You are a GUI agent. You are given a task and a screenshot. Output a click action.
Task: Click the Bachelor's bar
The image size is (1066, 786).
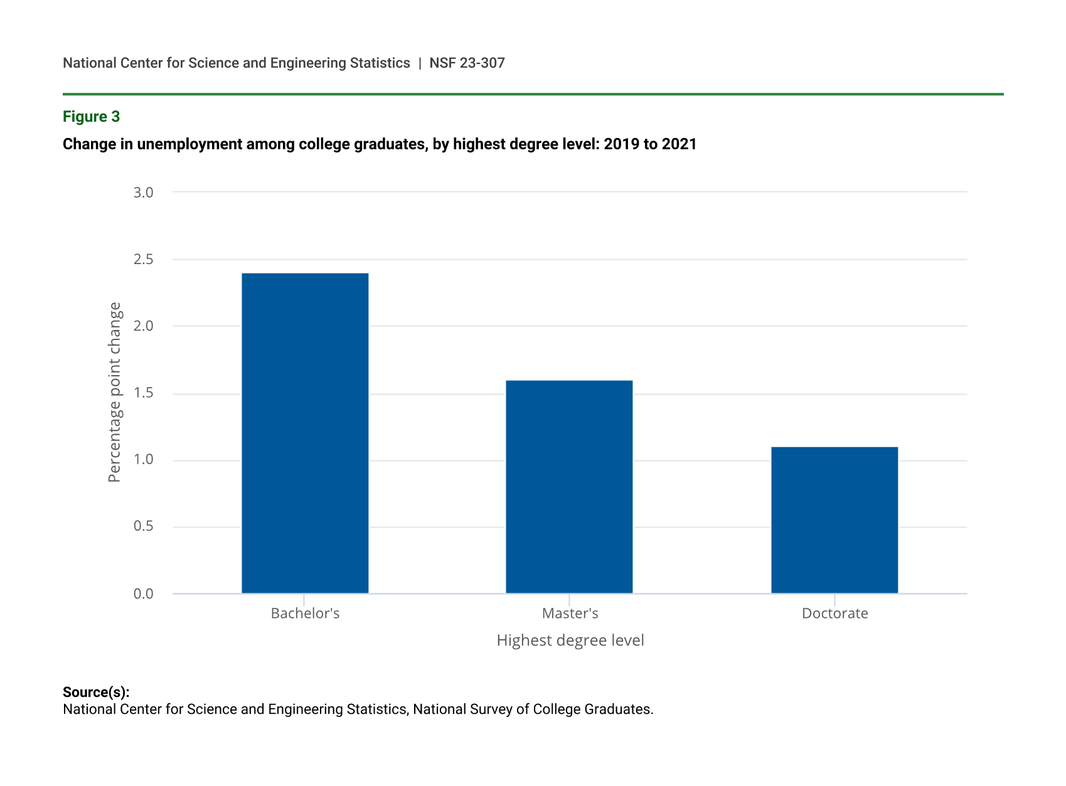click(305, 433)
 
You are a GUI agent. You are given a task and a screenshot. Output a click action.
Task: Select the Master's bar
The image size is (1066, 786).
click(569, 486)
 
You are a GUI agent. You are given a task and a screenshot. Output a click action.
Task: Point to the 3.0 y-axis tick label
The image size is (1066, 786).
click(143, 193)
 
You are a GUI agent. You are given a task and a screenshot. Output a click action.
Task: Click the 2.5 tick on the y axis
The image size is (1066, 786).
click(143, 259)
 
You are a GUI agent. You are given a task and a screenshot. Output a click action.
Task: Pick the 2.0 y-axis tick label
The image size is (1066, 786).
click(143, 326)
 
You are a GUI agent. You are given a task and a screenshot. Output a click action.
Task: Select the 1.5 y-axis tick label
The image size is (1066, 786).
click(143, 393)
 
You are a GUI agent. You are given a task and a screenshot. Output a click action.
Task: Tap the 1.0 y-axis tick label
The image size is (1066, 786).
click(143, 460)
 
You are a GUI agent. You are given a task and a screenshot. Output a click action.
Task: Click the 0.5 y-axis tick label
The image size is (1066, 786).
click(143, 526)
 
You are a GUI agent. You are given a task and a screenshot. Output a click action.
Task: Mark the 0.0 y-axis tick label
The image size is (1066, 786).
click(143, 593)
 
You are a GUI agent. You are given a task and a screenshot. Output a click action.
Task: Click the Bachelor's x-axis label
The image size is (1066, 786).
click(305, 613)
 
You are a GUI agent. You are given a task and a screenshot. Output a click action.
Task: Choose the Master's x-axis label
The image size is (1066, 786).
click(570, 613)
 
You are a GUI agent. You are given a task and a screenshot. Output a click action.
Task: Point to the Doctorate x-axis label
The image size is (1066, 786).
click(834, 613)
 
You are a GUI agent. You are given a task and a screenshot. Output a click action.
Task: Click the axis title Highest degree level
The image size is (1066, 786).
click(570, 640)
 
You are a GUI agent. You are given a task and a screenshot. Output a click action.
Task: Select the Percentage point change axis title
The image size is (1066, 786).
click(114, 392)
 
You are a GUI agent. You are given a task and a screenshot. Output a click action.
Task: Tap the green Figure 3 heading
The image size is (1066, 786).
click(91, 117)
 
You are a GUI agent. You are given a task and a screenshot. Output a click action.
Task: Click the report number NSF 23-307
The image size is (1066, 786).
click(467, 63)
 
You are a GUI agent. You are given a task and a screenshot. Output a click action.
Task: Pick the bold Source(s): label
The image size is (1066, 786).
click(96, 692)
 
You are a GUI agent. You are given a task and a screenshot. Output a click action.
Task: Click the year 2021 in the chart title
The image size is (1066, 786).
click(679, 144)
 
